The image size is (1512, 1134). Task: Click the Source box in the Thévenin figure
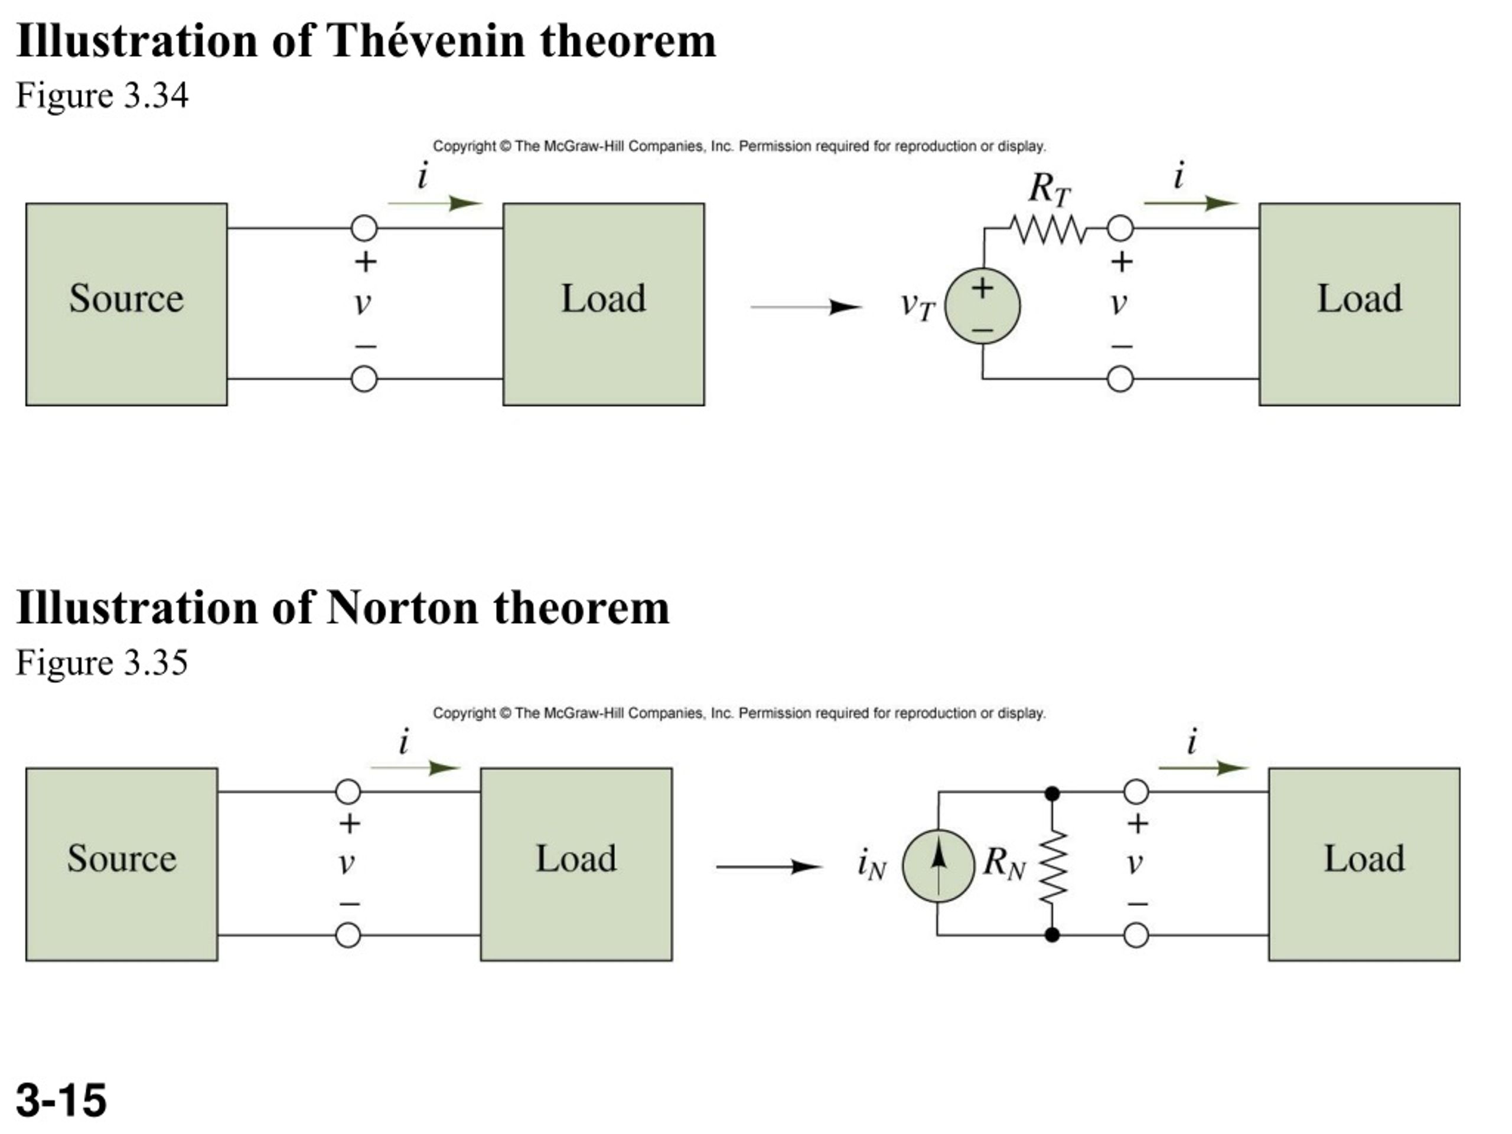pos(126,304)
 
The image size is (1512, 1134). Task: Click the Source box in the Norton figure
pos(122,864)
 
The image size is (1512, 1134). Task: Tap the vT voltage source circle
pos(982,306)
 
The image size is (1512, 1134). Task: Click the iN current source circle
pos(938,866)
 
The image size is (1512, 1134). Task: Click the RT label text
pos(1049,188)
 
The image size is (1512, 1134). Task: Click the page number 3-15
pos(61,1100)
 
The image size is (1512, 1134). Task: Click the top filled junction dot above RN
pos(1052,793)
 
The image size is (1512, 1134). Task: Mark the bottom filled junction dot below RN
pos(1052,934)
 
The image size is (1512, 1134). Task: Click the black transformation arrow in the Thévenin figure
pos(807,307)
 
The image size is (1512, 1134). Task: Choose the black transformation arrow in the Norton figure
pos(769,866)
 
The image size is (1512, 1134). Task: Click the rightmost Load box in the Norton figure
pos(1364,864)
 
